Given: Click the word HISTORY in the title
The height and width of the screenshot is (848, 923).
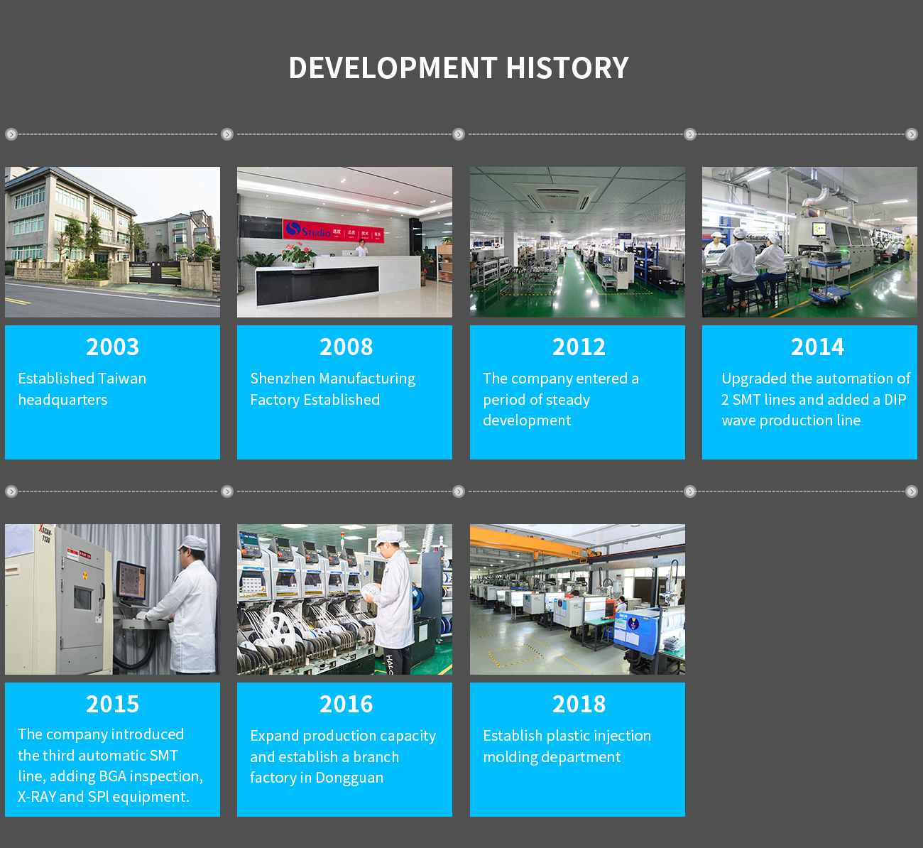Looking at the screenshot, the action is pyautogui.click(x=567, y=67).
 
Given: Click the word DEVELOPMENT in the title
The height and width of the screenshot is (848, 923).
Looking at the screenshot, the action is pyautogui.click(x=393, y=67).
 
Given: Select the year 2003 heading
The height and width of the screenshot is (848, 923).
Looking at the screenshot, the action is pyautogui.click(x=112, y=347).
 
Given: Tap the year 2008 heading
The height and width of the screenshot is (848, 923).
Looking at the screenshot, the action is pyautogui.click(x=346, y=347).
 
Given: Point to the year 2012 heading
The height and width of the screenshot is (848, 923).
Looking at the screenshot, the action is pyautogui.click(x=579, y=347).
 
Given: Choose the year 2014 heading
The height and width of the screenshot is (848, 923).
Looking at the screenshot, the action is pyautogui.click(x=818, y=347).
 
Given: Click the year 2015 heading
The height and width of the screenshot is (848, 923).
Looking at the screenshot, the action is pyautogui.click(x=112, y=704).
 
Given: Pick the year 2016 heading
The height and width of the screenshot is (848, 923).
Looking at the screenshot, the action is pyautogui.click(x=346, y=704).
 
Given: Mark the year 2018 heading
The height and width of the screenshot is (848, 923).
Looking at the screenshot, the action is pyautogui.click(x=579, y=704).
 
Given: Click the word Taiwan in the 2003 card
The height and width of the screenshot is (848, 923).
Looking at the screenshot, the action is pyautogui.click(x=122, y=379).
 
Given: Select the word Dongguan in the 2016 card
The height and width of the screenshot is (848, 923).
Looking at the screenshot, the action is pyautogui.click(x=349, y=778).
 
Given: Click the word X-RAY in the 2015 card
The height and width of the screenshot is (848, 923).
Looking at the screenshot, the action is pyautogui.click(x=36, y=797).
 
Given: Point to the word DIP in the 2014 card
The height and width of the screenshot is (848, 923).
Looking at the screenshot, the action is pyautogui.click(x=895, y=400).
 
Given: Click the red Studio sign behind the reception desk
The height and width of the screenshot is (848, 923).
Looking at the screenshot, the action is pyautogui.click(x=333, y=229).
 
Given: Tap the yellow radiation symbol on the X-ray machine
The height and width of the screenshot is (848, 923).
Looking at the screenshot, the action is pyautogui.click(x=84, y=575).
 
